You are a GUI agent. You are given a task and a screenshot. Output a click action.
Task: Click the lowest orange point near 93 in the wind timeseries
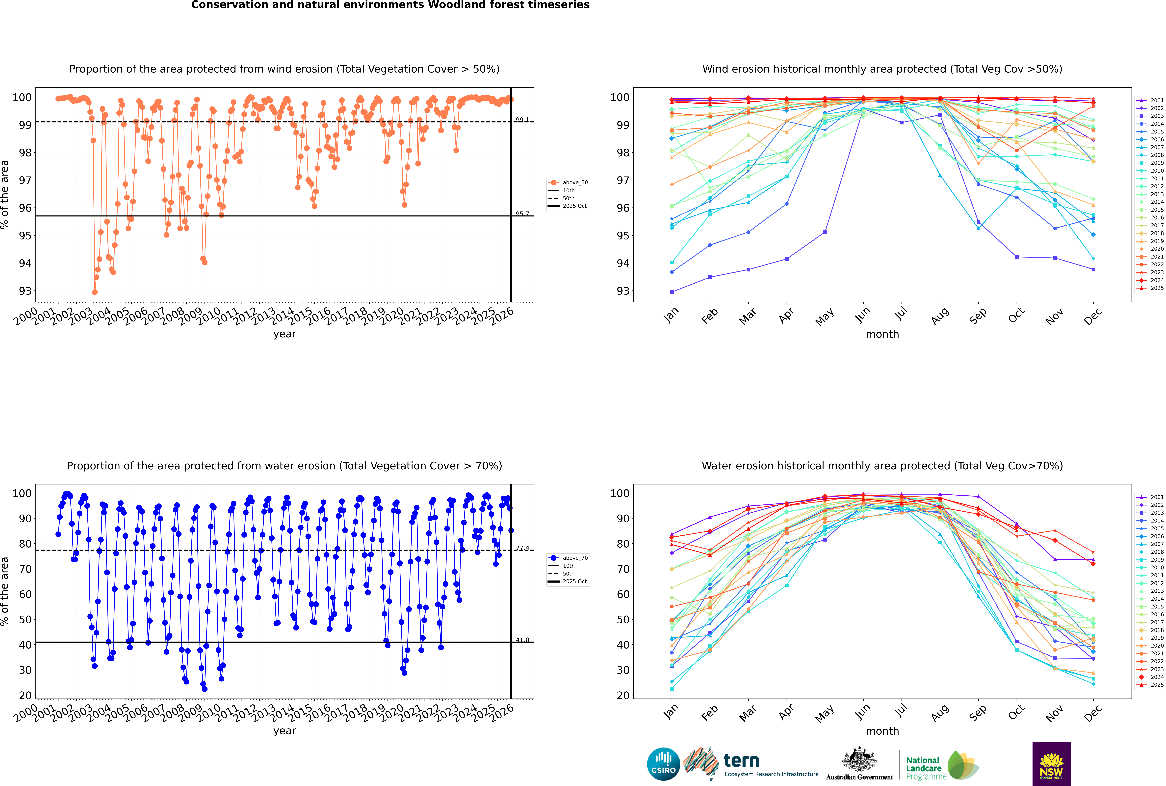pos(95,292)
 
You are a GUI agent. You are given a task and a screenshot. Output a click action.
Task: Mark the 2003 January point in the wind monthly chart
pos(672,292)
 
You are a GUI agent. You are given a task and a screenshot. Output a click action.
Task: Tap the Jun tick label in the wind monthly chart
pos(862,315)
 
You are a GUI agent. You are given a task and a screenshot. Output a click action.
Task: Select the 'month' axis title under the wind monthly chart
pos(882,334)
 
